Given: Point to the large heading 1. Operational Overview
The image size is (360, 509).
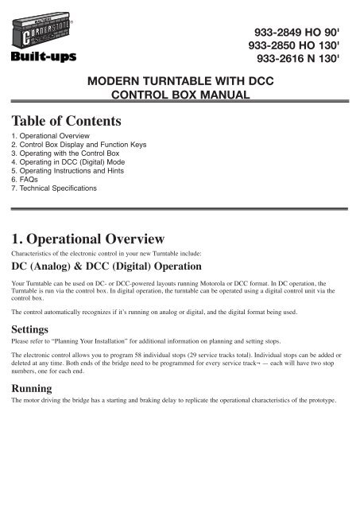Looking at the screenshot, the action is point(89,239).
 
